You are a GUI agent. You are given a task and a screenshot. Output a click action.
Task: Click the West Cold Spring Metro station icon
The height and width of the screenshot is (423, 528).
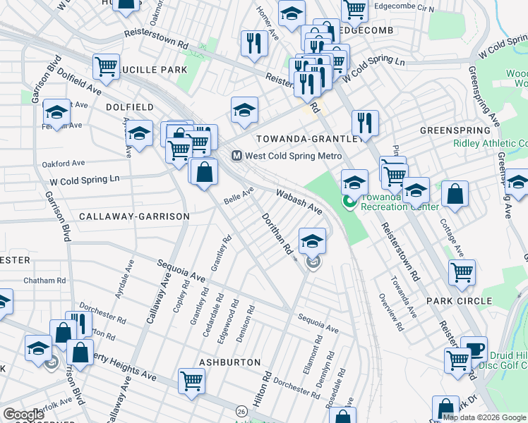(x=237, y=156)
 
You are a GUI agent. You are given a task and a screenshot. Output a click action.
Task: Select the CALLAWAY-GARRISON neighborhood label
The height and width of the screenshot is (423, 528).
(x=134, y=216)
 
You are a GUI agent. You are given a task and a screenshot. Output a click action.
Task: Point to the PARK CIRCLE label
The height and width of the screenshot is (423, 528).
(x=459, y=301)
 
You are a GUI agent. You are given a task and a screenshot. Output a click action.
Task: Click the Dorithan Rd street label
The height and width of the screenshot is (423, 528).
(x=277, y=234)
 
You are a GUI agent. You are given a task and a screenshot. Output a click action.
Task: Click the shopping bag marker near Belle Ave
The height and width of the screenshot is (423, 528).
(x=204, y=171)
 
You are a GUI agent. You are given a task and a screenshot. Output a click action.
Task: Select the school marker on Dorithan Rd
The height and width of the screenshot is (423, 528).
(x=311, y=240)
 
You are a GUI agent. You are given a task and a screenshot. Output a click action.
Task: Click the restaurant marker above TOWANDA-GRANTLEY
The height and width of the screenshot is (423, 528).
(x=365, y=121)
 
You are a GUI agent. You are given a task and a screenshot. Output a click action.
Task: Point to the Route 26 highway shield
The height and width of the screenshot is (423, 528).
(x=241, y=411)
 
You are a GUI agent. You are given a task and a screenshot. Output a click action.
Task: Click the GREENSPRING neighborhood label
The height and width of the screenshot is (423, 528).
(x=455, y=130)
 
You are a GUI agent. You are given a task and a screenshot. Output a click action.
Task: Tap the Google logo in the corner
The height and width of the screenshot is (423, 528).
(x=23, y=415)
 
